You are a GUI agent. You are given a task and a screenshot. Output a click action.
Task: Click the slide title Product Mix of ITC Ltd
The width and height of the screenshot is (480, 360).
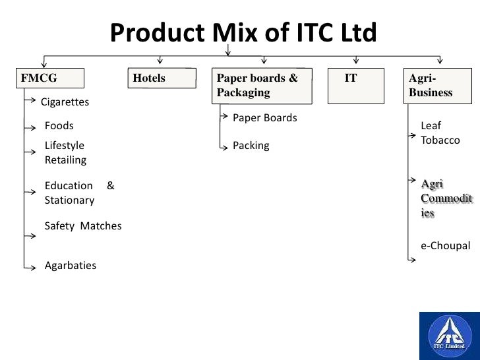(x=243, y=32)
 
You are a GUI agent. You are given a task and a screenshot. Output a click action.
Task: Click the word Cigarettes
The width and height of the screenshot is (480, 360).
(x=65, y=102)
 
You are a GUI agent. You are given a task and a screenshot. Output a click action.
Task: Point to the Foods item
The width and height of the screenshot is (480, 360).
(x=59, y=125)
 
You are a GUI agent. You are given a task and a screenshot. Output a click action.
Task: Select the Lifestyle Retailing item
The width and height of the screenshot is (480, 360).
(x=65, y=152)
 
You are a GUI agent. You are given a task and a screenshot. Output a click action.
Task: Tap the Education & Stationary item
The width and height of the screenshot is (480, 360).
(x=78, y=193)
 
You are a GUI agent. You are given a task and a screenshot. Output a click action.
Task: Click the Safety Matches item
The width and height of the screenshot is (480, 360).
(x=83, y=226)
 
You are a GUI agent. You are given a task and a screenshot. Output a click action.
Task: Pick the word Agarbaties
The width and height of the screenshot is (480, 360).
(x=70, y=266)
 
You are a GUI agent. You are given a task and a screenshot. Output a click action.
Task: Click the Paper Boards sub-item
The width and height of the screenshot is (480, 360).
(x=265, y=118)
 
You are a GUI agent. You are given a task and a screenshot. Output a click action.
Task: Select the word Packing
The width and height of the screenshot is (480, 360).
(x=251, y=146)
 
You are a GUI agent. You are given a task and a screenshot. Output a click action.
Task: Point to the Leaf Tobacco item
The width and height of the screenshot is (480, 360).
(x=440, y=133)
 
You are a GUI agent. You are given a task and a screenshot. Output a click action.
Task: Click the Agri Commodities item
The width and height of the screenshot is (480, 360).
(x=446, y=198)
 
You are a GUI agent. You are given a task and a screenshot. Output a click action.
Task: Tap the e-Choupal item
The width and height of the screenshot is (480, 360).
(x=446, y=246)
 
